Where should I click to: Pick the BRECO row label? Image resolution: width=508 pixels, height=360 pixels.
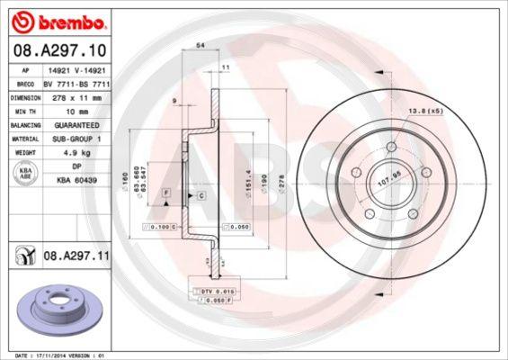(x=25, y=82)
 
